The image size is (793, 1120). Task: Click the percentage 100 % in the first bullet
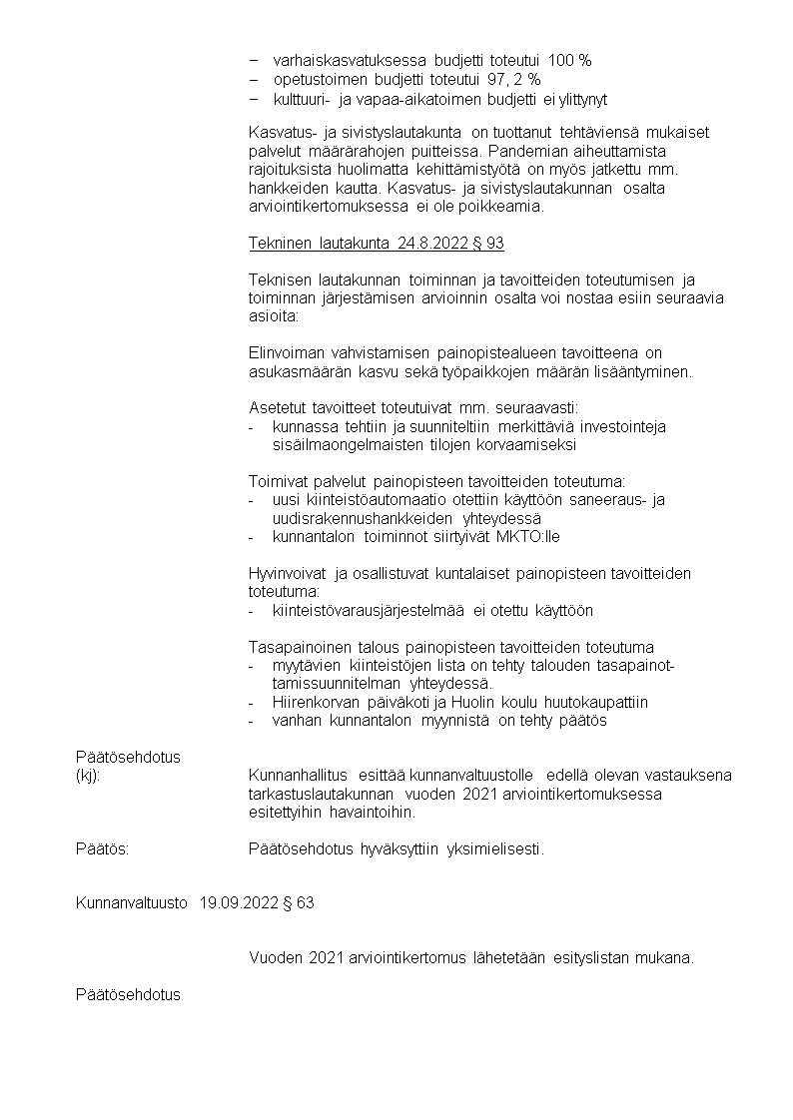(x=569, y=61)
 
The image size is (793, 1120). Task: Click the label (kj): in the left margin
(x=88, y=775)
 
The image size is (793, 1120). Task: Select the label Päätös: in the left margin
(x=102, y=849)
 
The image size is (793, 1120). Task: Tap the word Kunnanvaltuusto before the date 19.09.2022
(x=131, y=903)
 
